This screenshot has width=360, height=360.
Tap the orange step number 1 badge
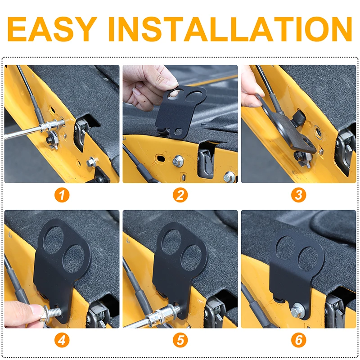[62, 195]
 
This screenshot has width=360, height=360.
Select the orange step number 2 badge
[180, 195]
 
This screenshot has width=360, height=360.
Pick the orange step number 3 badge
[298, 195]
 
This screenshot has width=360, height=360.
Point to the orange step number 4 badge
[62, 340]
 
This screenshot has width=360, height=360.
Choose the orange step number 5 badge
[180, 340]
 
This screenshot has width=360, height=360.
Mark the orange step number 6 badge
[298, 340]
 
